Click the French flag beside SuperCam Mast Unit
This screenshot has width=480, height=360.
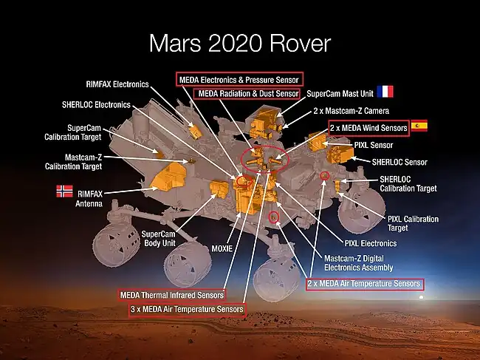385,92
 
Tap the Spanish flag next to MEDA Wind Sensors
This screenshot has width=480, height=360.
419,126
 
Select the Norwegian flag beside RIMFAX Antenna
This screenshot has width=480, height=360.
64,191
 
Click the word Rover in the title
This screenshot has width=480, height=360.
300,44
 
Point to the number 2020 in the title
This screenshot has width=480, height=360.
236,44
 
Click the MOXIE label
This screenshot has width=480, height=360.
222,248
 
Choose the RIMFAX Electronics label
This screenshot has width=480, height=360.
117,84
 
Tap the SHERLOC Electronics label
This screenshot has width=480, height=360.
96,105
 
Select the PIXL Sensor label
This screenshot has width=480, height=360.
374,145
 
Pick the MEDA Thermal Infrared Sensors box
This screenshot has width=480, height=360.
172,295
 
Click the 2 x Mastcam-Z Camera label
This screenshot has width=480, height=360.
351,111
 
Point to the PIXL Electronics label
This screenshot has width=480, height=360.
371,244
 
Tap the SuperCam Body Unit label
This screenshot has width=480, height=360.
158,239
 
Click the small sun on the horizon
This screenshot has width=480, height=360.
421,297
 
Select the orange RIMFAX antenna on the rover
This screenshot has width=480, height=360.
168,177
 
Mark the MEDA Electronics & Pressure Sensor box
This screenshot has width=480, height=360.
240,79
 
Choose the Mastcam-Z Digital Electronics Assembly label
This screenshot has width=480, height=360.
358,263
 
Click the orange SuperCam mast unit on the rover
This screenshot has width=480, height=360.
264,122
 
